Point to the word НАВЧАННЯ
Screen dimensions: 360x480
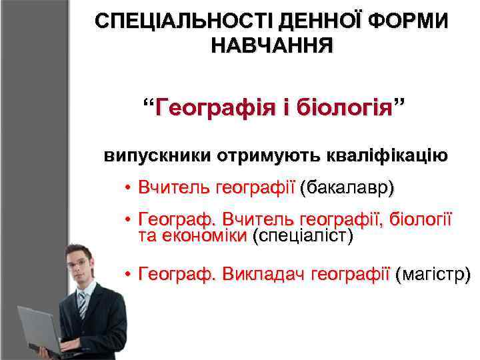271,46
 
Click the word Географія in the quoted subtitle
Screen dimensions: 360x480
207,107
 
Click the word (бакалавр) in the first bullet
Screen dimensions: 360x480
347,187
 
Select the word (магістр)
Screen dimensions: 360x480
433,273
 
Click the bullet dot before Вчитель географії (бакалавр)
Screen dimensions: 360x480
127,188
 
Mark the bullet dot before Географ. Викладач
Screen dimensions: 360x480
127,273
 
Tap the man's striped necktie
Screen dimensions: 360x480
82,304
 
